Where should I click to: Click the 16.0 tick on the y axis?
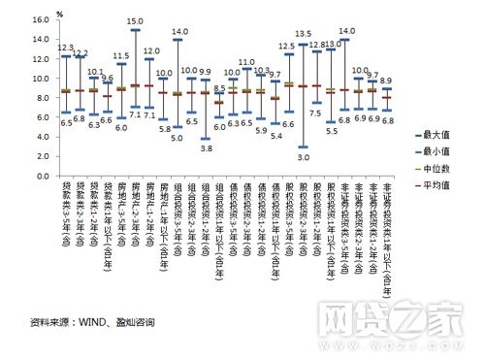click(x=38, y=19)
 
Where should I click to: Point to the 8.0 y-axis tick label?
click(x=40, y=98)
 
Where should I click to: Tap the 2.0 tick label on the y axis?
click(x=40, y=158)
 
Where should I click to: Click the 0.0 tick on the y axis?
click(x=40, y=178)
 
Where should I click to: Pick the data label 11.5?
click(x=120, y=55)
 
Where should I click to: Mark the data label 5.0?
click(x=178, y=138)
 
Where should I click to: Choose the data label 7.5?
click(x=316, y=114)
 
